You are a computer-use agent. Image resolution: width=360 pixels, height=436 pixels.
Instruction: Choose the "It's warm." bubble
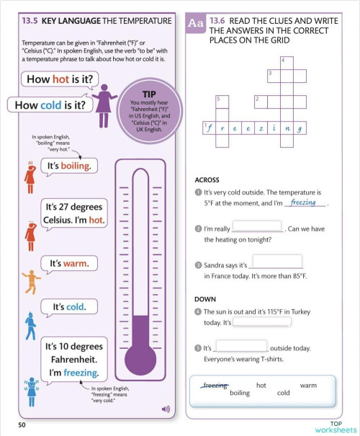click(x=68, y=264)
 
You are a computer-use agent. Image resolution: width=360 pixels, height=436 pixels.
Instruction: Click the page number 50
click(x=22, y=425)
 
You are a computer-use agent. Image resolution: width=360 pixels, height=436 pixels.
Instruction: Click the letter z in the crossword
click(x=260, y=128)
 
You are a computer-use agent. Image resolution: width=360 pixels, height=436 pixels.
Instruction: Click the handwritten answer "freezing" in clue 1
click(x=303, y=203)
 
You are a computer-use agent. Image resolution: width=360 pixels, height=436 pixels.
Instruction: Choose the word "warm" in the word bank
click(x=308, y=386)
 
